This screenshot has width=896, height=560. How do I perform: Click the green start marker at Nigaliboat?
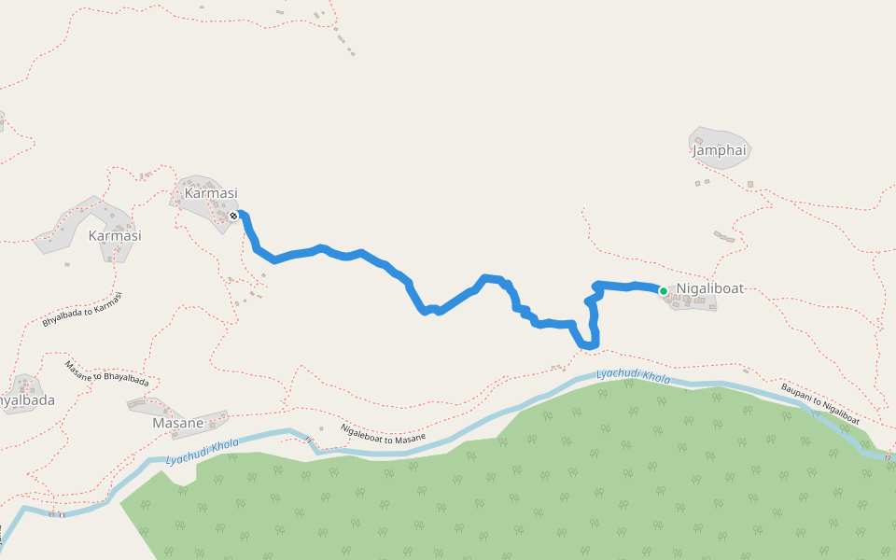(x=664, y=291)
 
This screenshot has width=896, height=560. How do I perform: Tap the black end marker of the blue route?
(x=233, y=216)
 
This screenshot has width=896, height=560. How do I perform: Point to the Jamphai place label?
(x=721, y=149)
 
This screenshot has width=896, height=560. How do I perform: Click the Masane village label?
(x=177, y=423)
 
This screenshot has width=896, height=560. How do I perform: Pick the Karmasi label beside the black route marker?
(x=211, y=193)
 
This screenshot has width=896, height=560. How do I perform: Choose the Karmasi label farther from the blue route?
(x=114, y=236)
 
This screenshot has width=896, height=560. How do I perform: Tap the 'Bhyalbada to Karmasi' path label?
(x=82, y=309)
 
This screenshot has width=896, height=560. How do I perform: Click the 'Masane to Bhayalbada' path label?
(x=106, y=373)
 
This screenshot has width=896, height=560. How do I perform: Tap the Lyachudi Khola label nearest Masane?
(x=202, y=451)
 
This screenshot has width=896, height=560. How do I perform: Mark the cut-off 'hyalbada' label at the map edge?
(x=26, y=400)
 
